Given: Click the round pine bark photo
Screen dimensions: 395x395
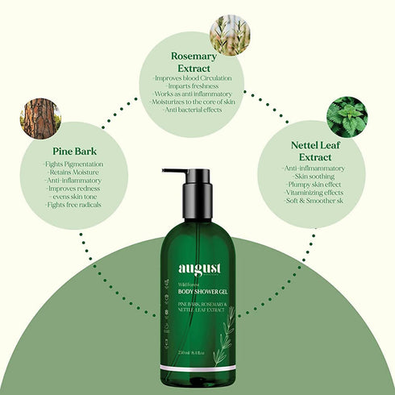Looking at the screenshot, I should [x=40, y=118].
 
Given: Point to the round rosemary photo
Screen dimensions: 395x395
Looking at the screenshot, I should [x=229, y=34].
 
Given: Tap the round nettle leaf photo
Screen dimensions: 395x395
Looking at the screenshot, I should [x=346, y=115].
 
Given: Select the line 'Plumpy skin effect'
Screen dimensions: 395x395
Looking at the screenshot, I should [x=314, y=185].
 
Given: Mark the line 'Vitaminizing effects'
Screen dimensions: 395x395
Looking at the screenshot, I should [x=314, y=193].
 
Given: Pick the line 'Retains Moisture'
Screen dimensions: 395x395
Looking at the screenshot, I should [x=71, y=173].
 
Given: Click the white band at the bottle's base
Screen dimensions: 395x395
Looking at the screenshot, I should [x=197, y=368].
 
